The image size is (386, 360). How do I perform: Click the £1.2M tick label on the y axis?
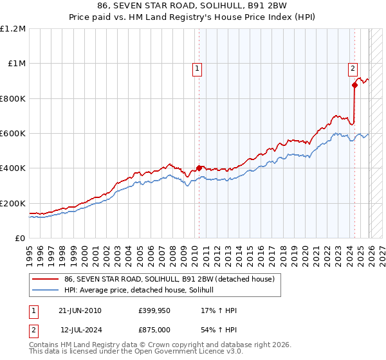pyautogui.click(x=13, y=29)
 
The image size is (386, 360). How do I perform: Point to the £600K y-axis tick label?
pyautogui.click(x=13, y=134)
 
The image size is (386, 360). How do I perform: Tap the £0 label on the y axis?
pyautogui.click(x=21, y=239)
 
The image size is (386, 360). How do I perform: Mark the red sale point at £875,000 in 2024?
pyautogui.click(x=354, y=85)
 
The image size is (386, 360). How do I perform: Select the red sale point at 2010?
pyautogui.click(x=199, y=168)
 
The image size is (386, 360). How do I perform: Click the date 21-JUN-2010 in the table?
pyautogui.click(x=80, y=310)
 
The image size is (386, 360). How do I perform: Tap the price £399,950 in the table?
pyautogui.click(x=152, y=310)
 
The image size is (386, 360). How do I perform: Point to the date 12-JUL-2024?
pyautogui.click(x=80, y=330)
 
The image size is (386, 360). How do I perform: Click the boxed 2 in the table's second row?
pyautogui.click(x=33, y=330)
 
